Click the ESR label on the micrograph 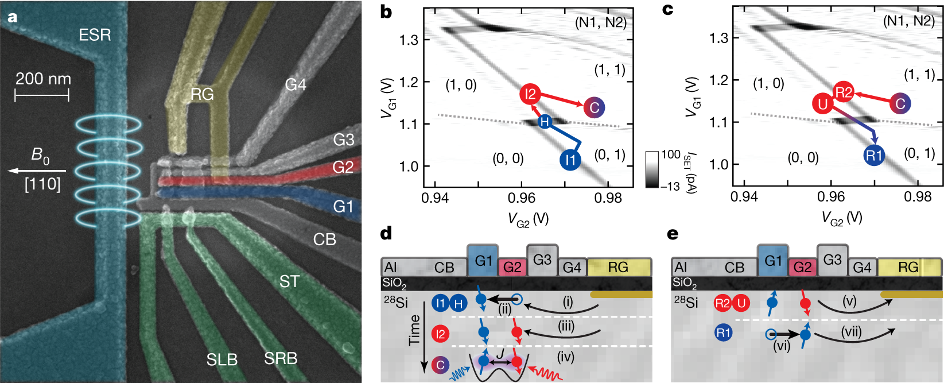click(x=95, y=35)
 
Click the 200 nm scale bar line click(x=42, y=95)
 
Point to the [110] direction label click(x=42, y=184)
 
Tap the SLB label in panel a click(x=222, y=359)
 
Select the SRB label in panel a click(x=281, y=358)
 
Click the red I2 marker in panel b click(x=530, y=94)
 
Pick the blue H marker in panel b click(x=545, y=122)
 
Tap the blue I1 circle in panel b click(x=570, y=160)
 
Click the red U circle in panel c click(x=823, y=104)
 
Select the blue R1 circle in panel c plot click(x=874, y=155)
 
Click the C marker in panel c click(x=900, y=103)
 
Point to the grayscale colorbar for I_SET click(x=652, y=169)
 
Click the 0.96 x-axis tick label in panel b click(x=521, y=198)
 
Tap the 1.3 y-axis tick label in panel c click(x=719, y=38)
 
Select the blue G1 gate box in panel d click(x=483, y=261)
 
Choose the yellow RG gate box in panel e click(x=908, y=267)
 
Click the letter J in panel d click(x=500, y=351)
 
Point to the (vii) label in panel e click(x=852, y=332)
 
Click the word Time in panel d click(x=414, y=330)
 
